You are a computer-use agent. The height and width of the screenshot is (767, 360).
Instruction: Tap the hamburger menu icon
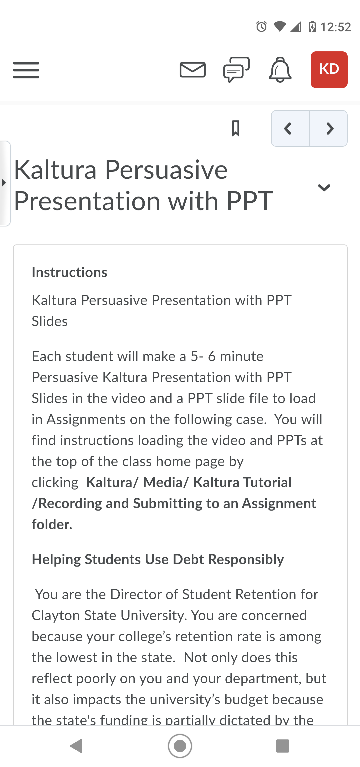coord(26,70)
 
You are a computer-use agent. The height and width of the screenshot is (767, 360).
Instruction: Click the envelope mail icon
coord(192,70)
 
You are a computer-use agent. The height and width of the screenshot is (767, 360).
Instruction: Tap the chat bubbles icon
coord(236,69)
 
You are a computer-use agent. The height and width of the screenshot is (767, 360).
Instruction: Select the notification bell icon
coord(280,70)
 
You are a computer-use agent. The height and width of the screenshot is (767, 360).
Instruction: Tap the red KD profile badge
coord(329,69)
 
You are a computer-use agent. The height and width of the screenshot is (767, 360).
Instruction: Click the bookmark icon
coord(236,128)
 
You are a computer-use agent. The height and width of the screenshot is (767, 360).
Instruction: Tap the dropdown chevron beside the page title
coord(324,188)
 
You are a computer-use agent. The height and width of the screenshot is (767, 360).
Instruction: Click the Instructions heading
coord(69,272)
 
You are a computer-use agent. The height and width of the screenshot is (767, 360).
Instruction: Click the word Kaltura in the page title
coord(55,170)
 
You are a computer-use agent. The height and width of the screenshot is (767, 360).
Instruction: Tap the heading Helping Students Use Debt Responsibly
coord(158,560)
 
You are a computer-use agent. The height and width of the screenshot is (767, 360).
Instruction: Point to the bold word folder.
coord(52,524)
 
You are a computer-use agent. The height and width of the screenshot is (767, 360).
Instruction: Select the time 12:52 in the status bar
coord(335,27)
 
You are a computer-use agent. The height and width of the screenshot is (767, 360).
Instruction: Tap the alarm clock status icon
coord(261,26)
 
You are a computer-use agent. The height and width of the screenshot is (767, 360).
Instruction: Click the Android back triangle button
coord(76,746)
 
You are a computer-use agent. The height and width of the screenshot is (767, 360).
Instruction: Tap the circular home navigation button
coord(180,746)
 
